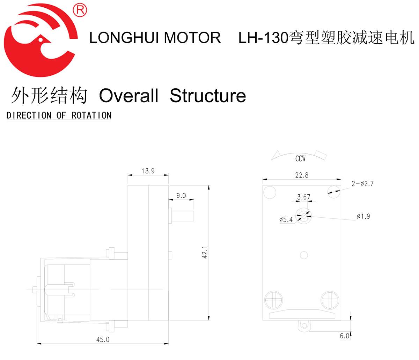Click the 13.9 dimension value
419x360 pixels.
[x=148, y=171]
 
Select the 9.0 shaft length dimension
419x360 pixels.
[x=181, y=196]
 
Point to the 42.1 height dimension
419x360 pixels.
[x=205, y=252]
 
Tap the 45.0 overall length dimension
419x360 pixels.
[x=103, y=339]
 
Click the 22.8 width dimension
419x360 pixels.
[x=302, y=175]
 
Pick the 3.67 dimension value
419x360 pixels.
[x=304, y=197]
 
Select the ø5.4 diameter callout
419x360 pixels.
[x=286, y=220]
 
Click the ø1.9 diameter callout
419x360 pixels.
[x=363, y=217]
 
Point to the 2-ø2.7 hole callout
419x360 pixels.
[x=362, y=184]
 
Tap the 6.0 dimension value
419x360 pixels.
[x=345, y=336]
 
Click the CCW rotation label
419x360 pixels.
[x=300, y=159]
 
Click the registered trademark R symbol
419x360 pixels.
[x=80, y=10]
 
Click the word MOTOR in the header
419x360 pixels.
[x=192, y=38]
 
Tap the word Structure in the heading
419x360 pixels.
[x=208, y=96]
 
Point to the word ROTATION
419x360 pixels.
[x=91, y=115]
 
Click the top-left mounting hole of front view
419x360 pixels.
[x=270, y=192]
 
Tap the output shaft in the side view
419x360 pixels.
[x=183, y=215]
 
